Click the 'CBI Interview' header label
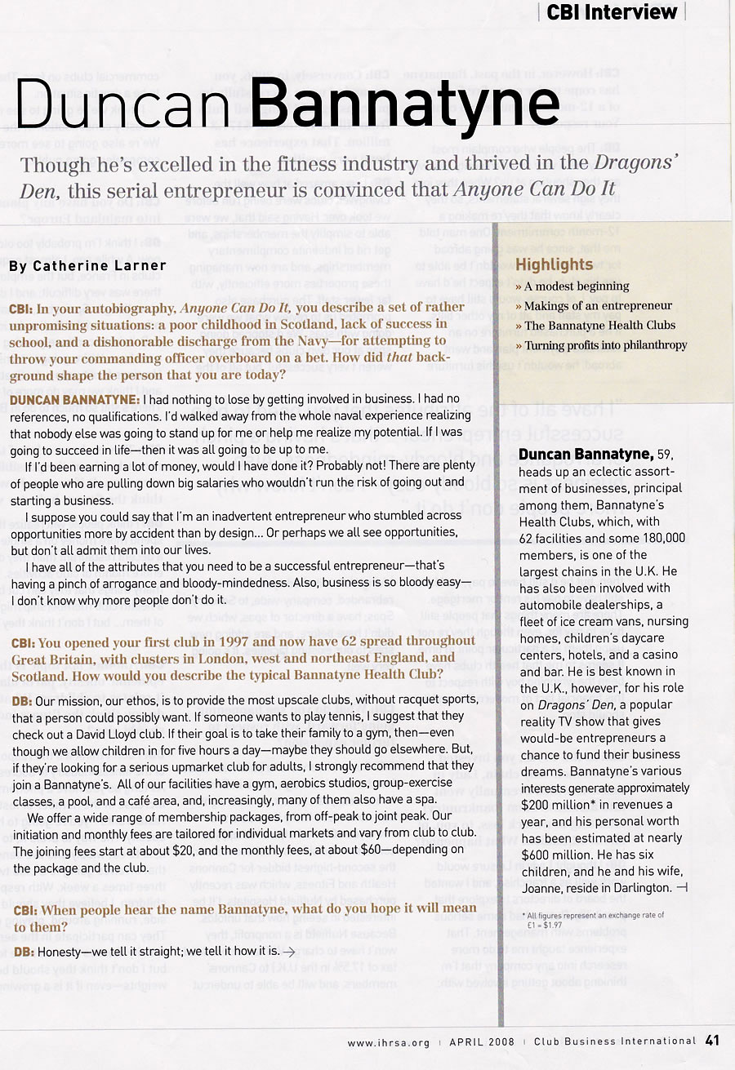click(x=611, y=11)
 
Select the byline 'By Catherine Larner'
click(x=88, y=265)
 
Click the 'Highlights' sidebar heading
click(x=554, y=264)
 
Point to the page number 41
click(x=712, y=1041)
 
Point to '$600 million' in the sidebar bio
click(x=559, y=855)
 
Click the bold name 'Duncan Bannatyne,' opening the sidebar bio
click(x=585, y=454)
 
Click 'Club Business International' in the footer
click(x=614, y=1042)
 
